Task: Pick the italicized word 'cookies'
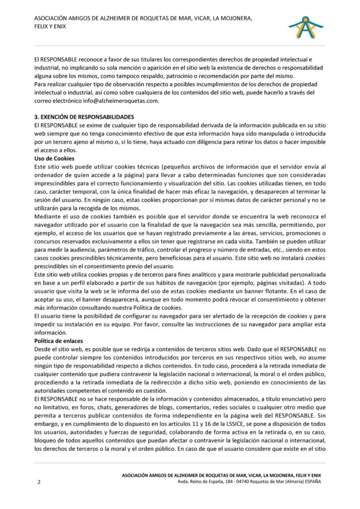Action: coord(315,258)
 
